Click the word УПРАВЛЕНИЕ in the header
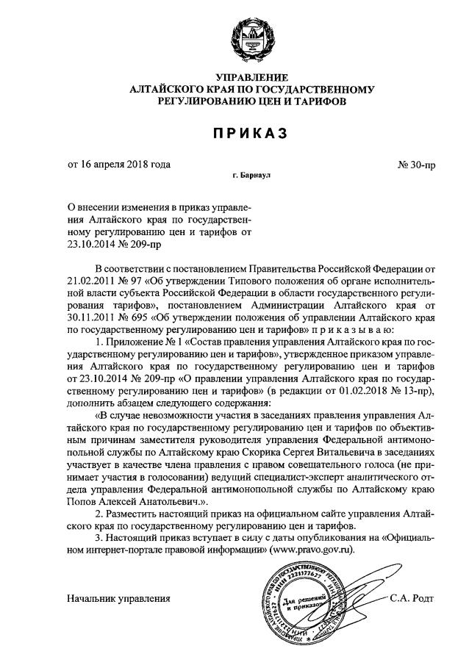point(252,78)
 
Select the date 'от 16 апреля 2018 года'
point(120,164)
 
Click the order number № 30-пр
point(417,165)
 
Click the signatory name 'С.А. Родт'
point(412,597)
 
